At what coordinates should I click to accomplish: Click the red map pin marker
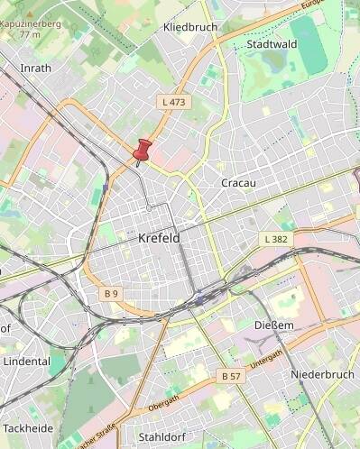(143, 151)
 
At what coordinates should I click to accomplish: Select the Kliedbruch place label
(190, 27)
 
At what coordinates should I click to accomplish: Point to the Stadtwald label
(271, 43)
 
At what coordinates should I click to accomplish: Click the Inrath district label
(36, 68)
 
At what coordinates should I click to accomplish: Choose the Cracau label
(239, 183)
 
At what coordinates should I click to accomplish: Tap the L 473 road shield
(173, 102)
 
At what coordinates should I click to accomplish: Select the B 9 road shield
(111, 294)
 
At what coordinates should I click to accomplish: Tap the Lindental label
(27, 361)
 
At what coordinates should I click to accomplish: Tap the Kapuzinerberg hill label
(31, 23)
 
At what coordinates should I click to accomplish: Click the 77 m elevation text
(30, 34)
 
